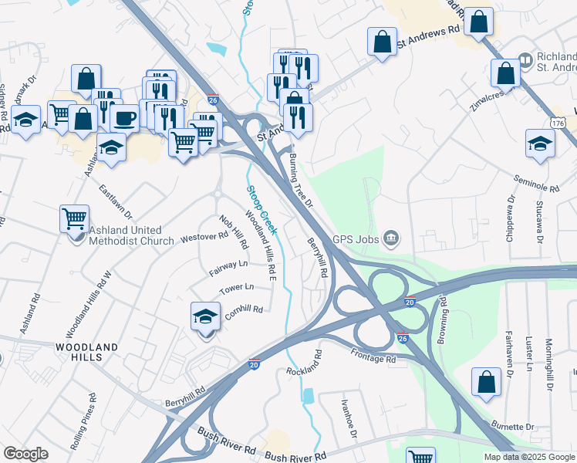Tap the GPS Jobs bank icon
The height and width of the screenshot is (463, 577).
coord(392,238)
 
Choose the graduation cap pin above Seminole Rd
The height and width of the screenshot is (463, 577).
coord(540,144)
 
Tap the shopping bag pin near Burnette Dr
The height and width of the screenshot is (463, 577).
coord(487,383)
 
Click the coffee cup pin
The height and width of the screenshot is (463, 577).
coord(124,118)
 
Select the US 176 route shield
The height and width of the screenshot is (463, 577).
coord(558,123)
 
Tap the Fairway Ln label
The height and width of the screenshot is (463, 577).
coord(228,268)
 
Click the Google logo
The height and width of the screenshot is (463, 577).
coord(25,454)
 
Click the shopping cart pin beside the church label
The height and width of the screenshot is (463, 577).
coord(74,219)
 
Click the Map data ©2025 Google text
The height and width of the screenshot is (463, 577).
coord(528,457)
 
